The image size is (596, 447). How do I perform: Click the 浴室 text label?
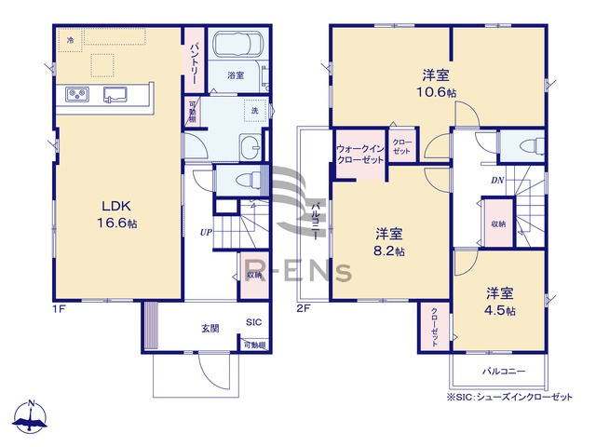click(236, 78)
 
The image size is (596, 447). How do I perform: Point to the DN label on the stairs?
click(498, 181)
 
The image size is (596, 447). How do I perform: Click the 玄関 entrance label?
click(210, 327)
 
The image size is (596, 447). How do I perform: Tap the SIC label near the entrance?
click(253, 322)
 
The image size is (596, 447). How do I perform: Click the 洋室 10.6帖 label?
click(438, 82)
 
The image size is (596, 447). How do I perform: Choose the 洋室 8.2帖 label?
click(389, 242)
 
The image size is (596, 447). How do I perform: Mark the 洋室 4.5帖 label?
click(498, 301)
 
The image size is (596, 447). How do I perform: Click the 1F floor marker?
click(59, 306)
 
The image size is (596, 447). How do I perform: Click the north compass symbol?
click(32, 417)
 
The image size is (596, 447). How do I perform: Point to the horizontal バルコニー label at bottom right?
click(503, 372)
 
